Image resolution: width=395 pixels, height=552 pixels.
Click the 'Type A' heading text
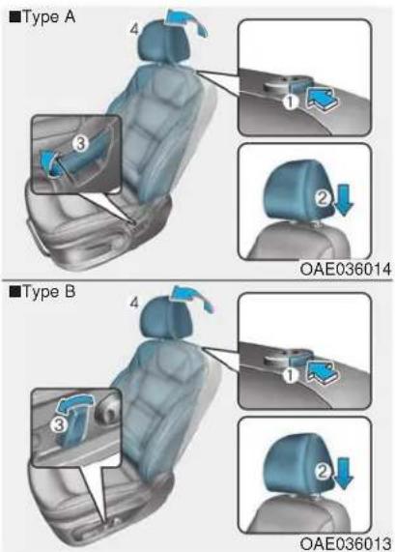click(x=48, y=16)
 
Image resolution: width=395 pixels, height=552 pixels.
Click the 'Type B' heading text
click(x=48, y=292)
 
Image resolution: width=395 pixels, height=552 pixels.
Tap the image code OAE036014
click(x=346, y=270)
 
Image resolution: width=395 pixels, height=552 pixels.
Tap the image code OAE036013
click(x=346, y=543)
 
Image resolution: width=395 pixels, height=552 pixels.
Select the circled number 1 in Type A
click(x=291, y=102)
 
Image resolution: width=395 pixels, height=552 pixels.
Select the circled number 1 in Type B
click(x=290, y=376)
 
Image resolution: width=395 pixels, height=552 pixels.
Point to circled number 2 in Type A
click(x=323, y=198)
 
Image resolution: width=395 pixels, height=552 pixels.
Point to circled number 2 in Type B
click(x=323, y=472)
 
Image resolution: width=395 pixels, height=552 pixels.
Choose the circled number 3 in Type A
click(x=80, y=143)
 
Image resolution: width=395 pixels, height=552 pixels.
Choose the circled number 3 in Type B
click(x=59, y=425)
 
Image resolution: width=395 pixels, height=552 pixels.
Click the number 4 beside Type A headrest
click(x=134, y=29)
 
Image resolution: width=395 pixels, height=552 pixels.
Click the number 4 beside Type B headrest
click(x=134, y=303)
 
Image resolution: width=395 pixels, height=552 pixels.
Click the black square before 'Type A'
click(x=14, y=16)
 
